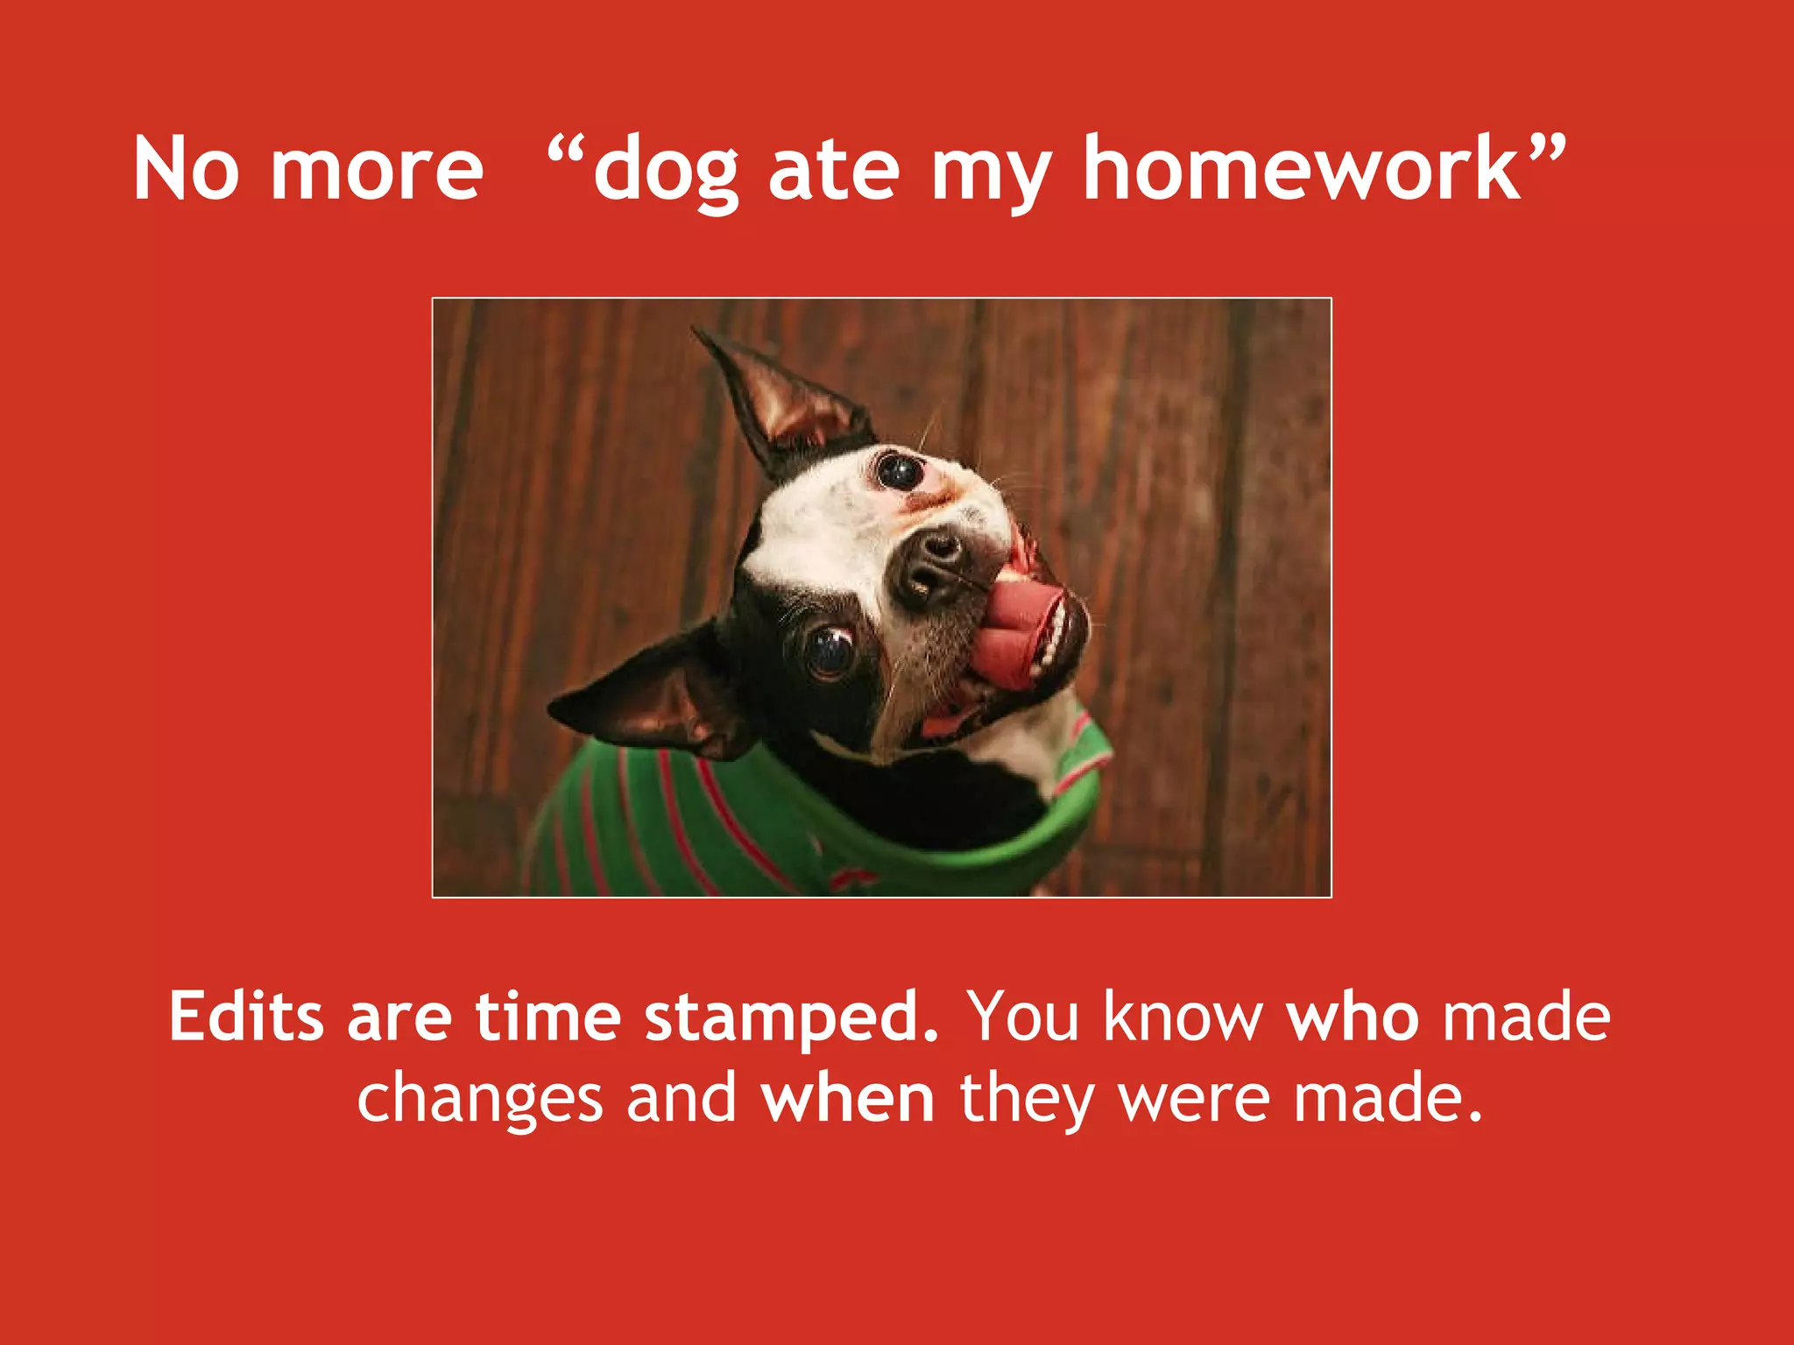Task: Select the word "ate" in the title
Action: coord(833,170)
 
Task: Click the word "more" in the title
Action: coord(377,170)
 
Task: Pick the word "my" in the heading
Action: coord(991,175)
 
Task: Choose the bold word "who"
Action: coord(1353,1018)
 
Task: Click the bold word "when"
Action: coord(847,1098)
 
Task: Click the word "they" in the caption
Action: coord(1028,1100)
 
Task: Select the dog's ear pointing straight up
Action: coord(784,398)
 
